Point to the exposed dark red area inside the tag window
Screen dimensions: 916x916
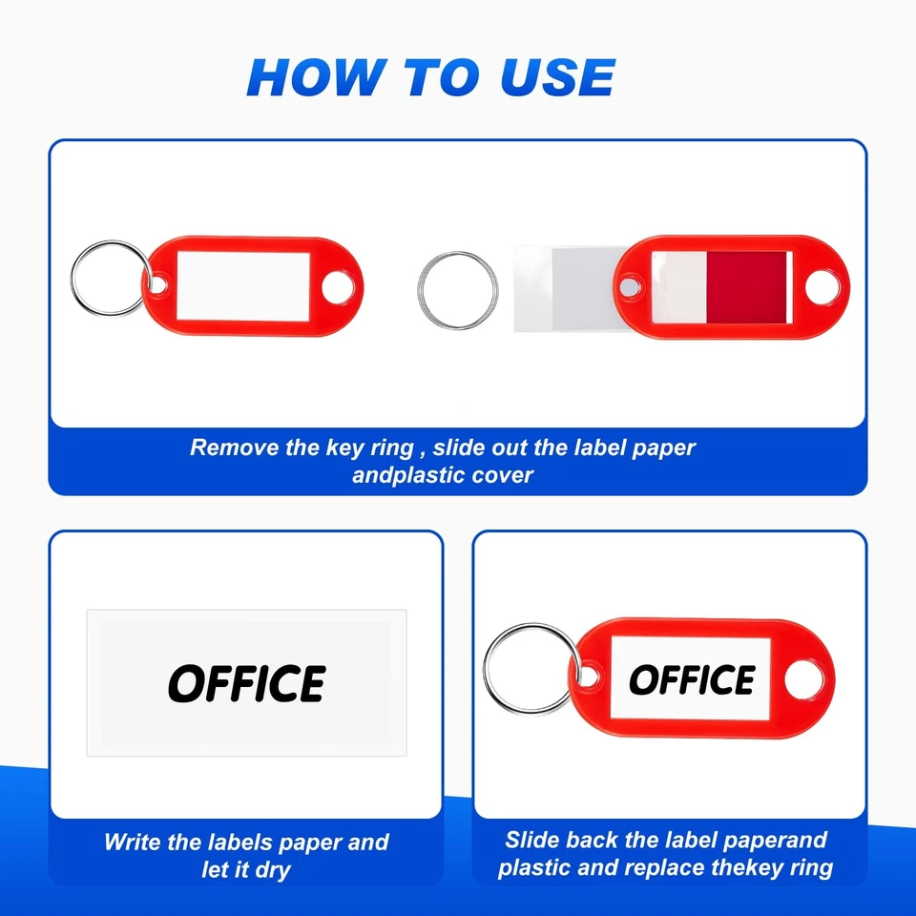[x=746, y=286]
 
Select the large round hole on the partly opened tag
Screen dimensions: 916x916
[x=820, y=285]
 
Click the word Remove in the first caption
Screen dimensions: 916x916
[x=235, y=448]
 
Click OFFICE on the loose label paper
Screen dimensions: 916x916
[x=247, y=684]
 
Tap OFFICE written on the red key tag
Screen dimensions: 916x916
[x=692, y=679]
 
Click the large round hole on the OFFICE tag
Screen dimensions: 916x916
[x=803, y=678]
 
